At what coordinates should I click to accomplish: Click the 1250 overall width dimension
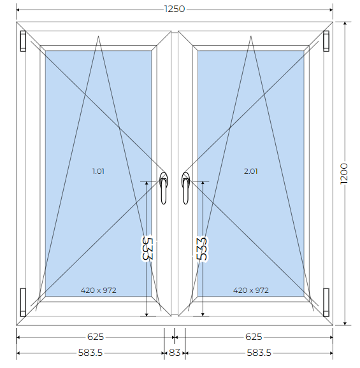point(175,9)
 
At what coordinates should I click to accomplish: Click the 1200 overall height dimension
point(344,174)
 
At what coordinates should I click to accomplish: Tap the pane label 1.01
point(98,171)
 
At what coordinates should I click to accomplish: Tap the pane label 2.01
point(251,171)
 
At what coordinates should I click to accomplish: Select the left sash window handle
point(164,188)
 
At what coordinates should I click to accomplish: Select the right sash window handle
point(185,188)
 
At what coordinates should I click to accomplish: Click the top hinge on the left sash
point(23,41)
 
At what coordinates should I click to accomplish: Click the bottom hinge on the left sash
point(23,302)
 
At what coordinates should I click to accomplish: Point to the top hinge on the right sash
point(326,41)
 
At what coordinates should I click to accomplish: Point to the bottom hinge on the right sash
point(326,302)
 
